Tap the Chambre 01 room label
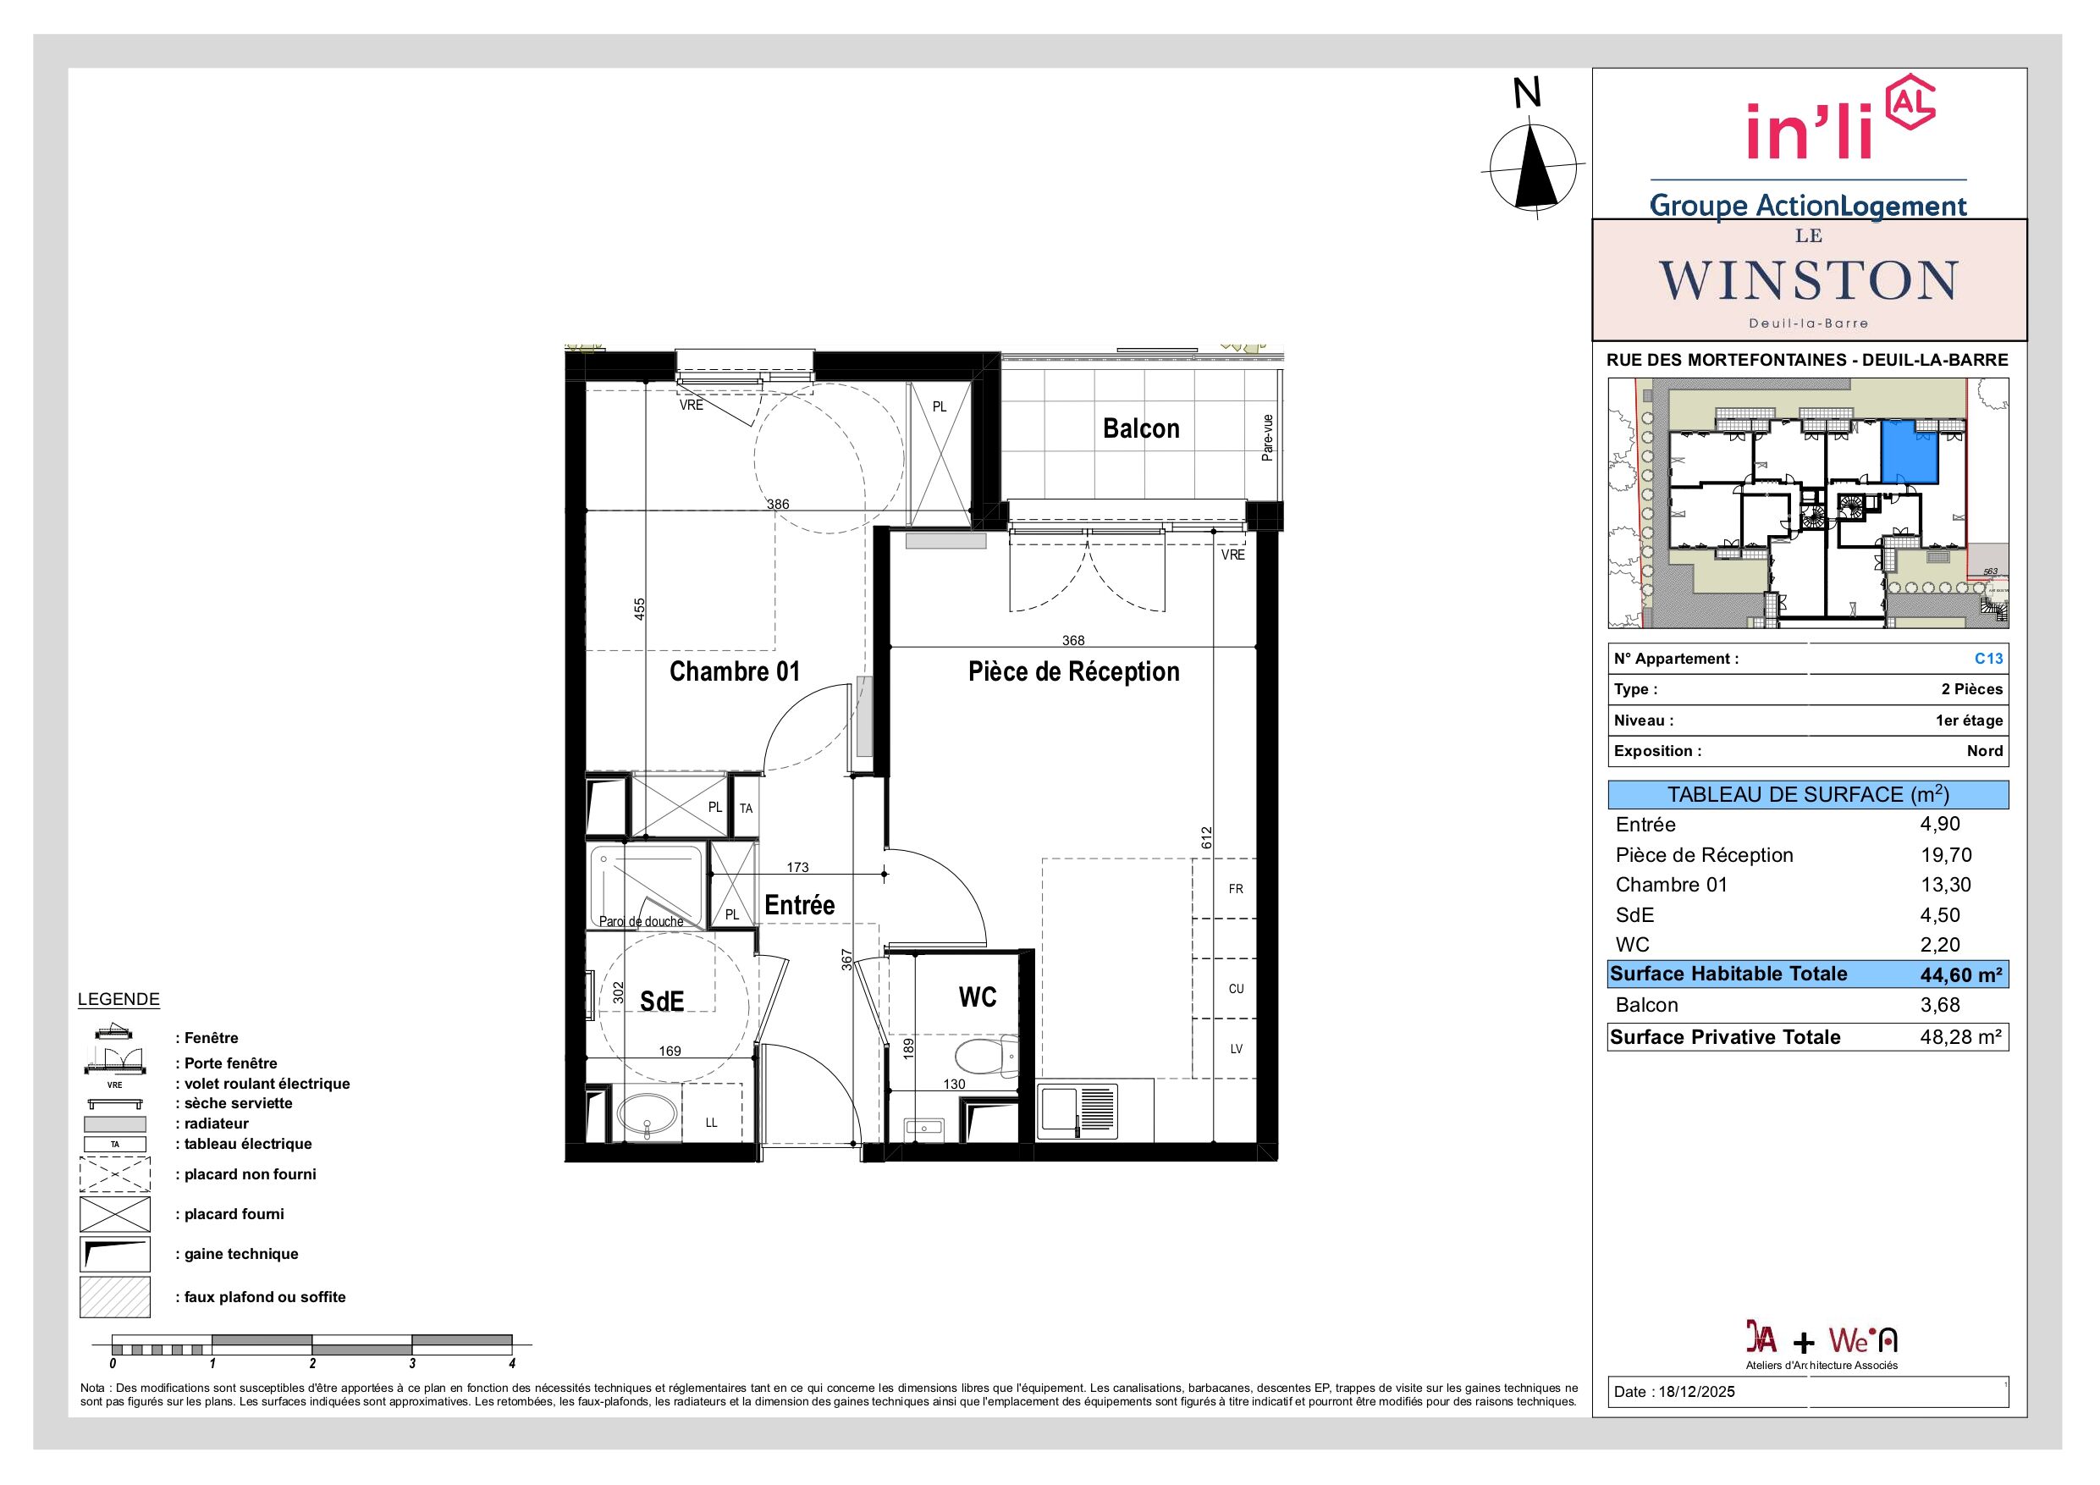coord(735,671)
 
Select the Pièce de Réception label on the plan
coord(1074,671)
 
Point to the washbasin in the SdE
coord(648,1114)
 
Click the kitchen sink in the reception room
coord(1078,1112)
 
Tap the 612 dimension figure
coord(1206,837)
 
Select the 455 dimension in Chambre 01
coord(639,610)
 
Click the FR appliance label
coord(1236,888)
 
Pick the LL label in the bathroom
coord(712,1123)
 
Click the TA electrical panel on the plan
coord(747,808)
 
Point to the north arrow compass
coord(1534,168)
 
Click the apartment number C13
coord(1988,659)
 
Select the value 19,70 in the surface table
coord(1945,854)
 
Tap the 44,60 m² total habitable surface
coord(1961,975)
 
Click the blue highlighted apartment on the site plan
coord(1910,453)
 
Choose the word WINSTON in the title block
coord(1808,280)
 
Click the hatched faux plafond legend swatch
coord(114,1297)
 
